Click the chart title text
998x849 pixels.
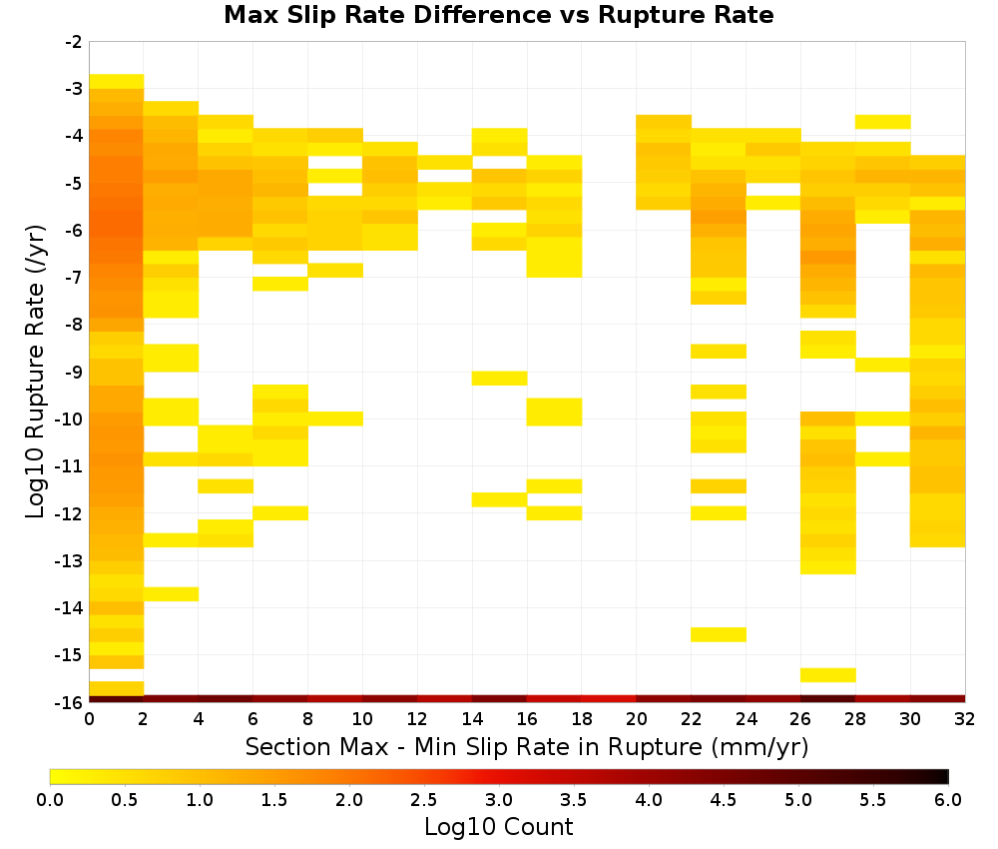coord(498,15)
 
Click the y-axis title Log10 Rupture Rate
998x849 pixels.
coord(35,372)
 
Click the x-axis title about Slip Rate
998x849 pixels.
coord(527,747)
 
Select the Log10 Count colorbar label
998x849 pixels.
coord(498,827)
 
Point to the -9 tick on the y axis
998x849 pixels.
coord(75,372)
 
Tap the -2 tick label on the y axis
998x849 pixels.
coord(75,42)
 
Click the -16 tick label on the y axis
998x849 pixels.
coord(70,702)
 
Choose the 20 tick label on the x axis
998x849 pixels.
coord(636,719)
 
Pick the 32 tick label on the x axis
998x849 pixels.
coord(964,719)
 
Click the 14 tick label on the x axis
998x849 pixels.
coord(472,719)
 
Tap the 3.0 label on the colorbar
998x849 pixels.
coord(499,799)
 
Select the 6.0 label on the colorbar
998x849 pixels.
coord(948,799)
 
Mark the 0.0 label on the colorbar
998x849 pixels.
coord(50,799)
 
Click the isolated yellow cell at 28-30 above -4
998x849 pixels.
coord(882,122)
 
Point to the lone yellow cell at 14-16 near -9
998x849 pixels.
coord(499,379)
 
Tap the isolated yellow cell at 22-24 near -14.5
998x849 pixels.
coord(718,634)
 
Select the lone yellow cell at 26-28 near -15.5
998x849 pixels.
coord(827,675)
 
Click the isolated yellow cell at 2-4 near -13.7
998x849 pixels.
coord(171,594)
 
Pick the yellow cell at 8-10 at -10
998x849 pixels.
coord(334,419)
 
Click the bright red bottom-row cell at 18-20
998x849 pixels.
coord(609,699)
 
